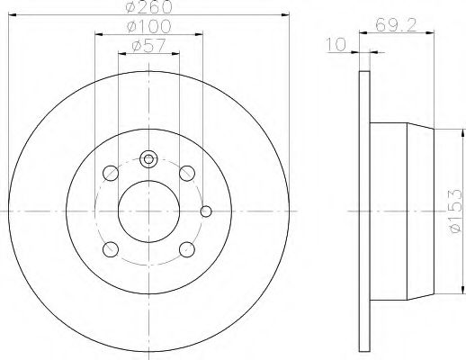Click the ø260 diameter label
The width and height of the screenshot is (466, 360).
(x=148, y=7)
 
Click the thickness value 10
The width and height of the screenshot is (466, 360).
(x=336, y=41)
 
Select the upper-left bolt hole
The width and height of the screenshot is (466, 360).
(x=110, y=172)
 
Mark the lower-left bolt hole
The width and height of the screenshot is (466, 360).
(x=110, y=249)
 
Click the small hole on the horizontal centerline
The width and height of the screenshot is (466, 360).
(x=206, y=212)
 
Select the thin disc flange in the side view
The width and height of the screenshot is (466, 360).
(x=364, y=211)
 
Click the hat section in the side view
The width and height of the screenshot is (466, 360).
(x=405, y=211)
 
